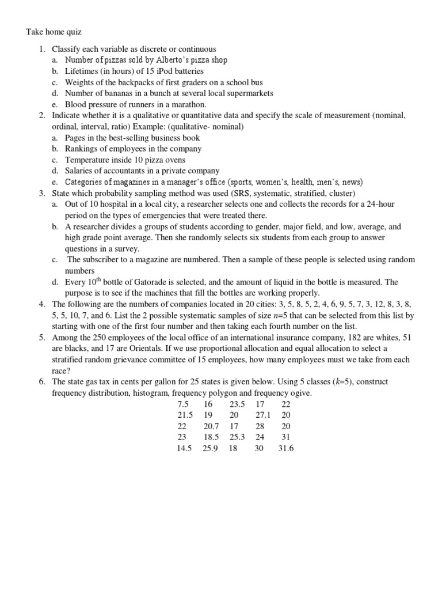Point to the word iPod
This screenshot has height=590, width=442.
[x=155, y=71]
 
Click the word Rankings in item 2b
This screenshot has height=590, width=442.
[x=82, y=149]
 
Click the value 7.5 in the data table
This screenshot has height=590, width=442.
[x=184, y=404]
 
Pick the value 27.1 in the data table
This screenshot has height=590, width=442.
[x=263, y=415]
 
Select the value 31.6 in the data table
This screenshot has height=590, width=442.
[x=285, y=448]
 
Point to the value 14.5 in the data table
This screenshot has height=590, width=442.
[x=184, y=448]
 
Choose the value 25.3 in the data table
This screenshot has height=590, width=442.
[x=237, y=437]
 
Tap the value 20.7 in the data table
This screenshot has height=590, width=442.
[x=211, y=426]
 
